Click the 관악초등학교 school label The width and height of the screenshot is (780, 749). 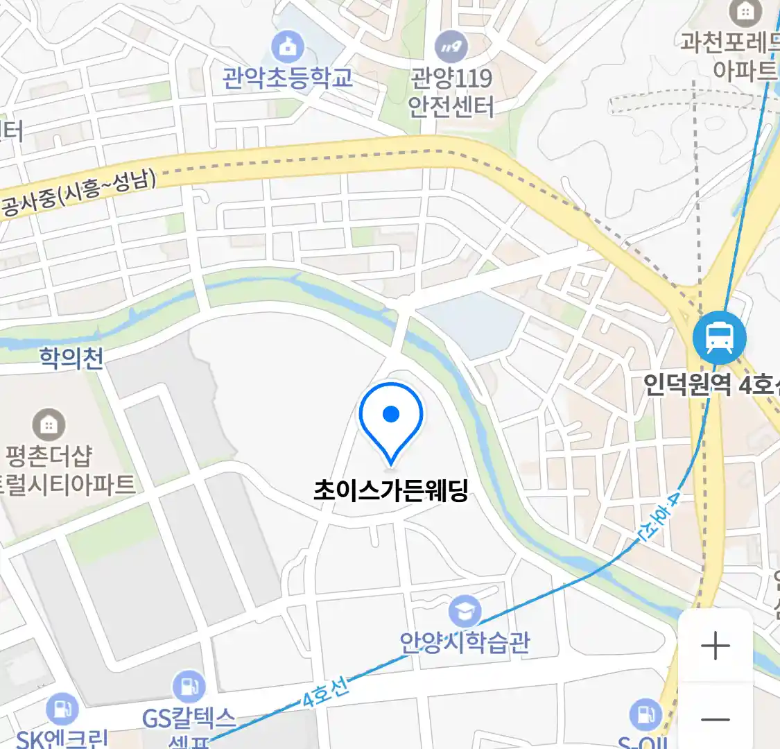287,77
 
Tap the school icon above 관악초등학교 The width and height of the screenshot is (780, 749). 287,46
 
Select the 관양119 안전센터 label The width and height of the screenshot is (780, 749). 451,92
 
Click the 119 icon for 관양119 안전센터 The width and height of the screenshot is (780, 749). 451,47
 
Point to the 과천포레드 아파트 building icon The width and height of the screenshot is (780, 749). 745,12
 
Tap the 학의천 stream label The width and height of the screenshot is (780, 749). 71,358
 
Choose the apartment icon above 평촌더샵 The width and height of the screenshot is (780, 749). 49,424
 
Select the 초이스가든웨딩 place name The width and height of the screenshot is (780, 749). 391,491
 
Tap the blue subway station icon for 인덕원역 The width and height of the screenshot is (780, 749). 720,338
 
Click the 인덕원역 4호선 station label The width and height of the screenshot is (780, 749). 711,385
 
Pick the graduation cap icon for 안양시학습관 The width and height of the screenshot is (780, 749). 465,611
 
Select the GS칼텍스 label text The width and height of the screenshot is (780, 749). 189,718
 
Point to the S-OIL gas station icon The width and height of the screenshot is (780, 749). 645,714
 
